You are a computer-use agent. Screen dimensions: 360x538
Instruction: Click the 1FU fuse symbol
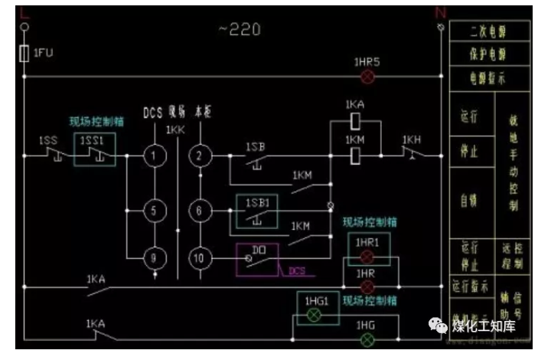tap(24, 54)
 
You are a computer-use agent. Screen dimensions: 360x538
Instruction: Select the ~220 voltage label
tap(240, 30)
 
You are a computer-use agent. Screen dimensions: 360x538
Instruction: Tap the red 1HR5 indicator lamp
tap(367, 77)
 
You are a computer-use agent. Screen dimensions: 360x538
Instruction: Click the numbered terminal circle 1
tap(155, 156)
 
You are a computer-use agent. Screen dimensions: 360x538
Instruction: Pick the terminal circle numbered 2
tap(200, 156)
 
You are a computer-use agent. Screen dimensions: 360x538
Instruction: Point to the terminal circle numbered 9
tap(155, 258)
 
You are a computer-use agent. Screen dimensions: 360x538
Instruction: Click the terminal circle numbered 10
tap(200, 258)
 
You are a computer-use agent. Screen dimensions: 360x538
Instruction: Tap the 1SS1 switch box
tap(93, 149)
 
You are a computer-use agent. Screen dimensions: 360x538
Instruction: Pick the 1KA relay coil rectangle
tap(354, 120)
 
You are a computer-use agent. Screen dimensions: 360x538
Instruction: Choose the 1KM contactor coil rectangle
tap(354, 156)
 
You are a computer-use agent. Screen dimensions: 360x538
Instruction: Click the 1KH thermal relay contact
tap(412, 155)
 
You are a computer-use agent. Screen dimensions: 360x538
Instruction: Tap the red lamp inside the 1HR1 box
tap(367, 256)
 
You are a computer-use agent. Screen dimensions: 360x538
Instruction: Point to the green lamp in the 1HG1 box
tap(312, 315)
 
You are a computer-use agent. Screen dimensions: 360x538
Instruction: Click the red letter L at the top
tap(24, 11)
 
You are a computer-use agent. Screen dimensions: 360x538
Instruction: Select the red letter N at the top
tap(439, 11)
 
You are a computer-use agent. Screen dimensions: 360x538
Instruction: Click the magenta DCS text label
tap(297, 270)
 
